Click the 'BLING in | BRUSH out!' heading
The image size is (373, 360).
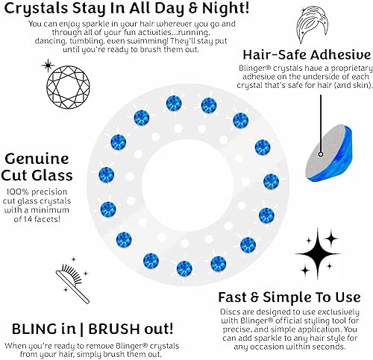(x=93, y=329)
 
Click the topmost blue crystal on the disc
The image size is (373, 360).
(x=173, y=103)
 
